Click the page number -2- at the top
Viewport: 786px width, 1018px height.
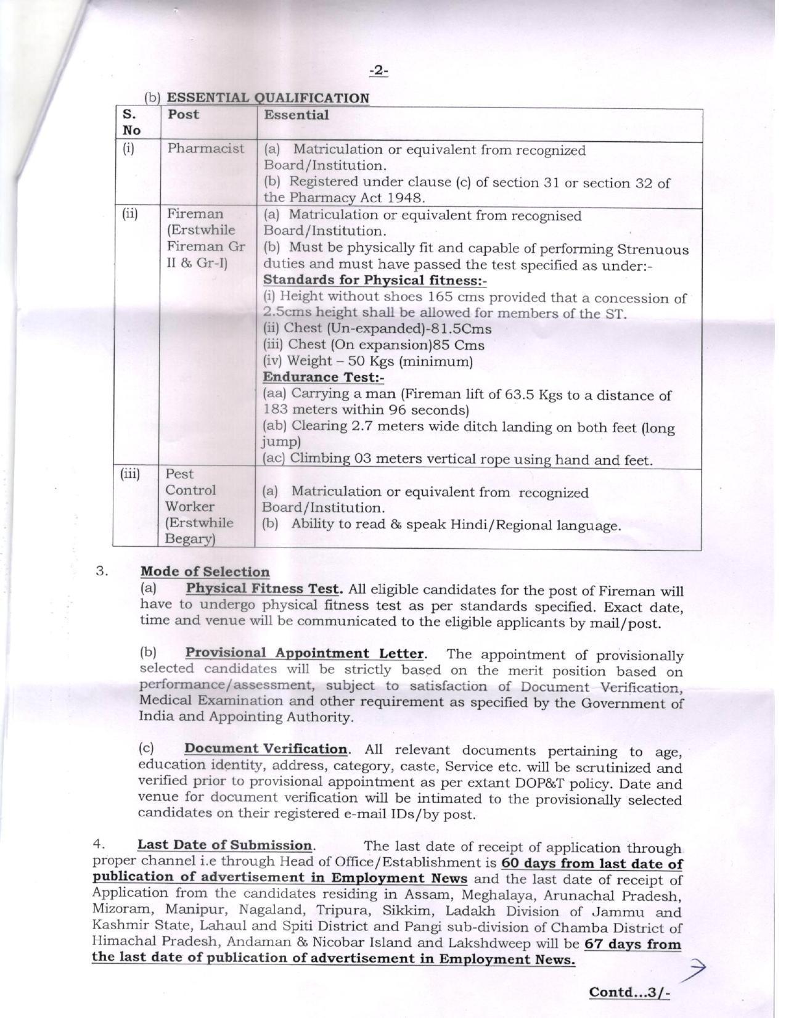[379, 72]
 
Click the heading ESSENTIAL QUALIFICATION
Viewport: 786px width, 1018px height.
[268, 98]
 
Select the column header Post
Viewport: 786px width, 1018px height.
[183, 115]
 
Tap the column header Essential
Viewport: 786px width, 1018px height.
[297, 115]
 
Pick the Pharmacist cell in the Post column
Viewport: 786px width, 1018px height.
[206, 149]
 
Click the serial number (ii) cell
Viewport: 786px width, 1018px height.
[129, 214]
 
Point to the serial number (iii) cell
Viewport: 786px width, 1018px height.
[130, 474]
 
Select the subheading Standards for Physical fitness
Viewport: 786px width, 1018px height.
[375, 281]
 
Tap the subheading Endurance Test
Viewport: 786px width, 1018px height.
[323, 377]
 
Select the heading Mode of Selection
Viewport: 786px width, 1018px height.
[205, 572]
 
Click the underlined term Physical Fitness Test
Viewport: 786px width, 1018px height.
[264, 588]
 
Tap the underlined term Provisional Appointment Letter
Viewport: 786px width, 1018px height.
[305, 653]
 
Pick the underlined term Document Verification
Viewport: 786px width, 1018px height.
[266, 749]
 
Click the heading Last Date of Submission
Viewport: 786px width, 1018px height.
[225, 845]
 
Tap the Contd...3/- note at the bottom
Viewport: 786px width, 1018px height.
[629, 992]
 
